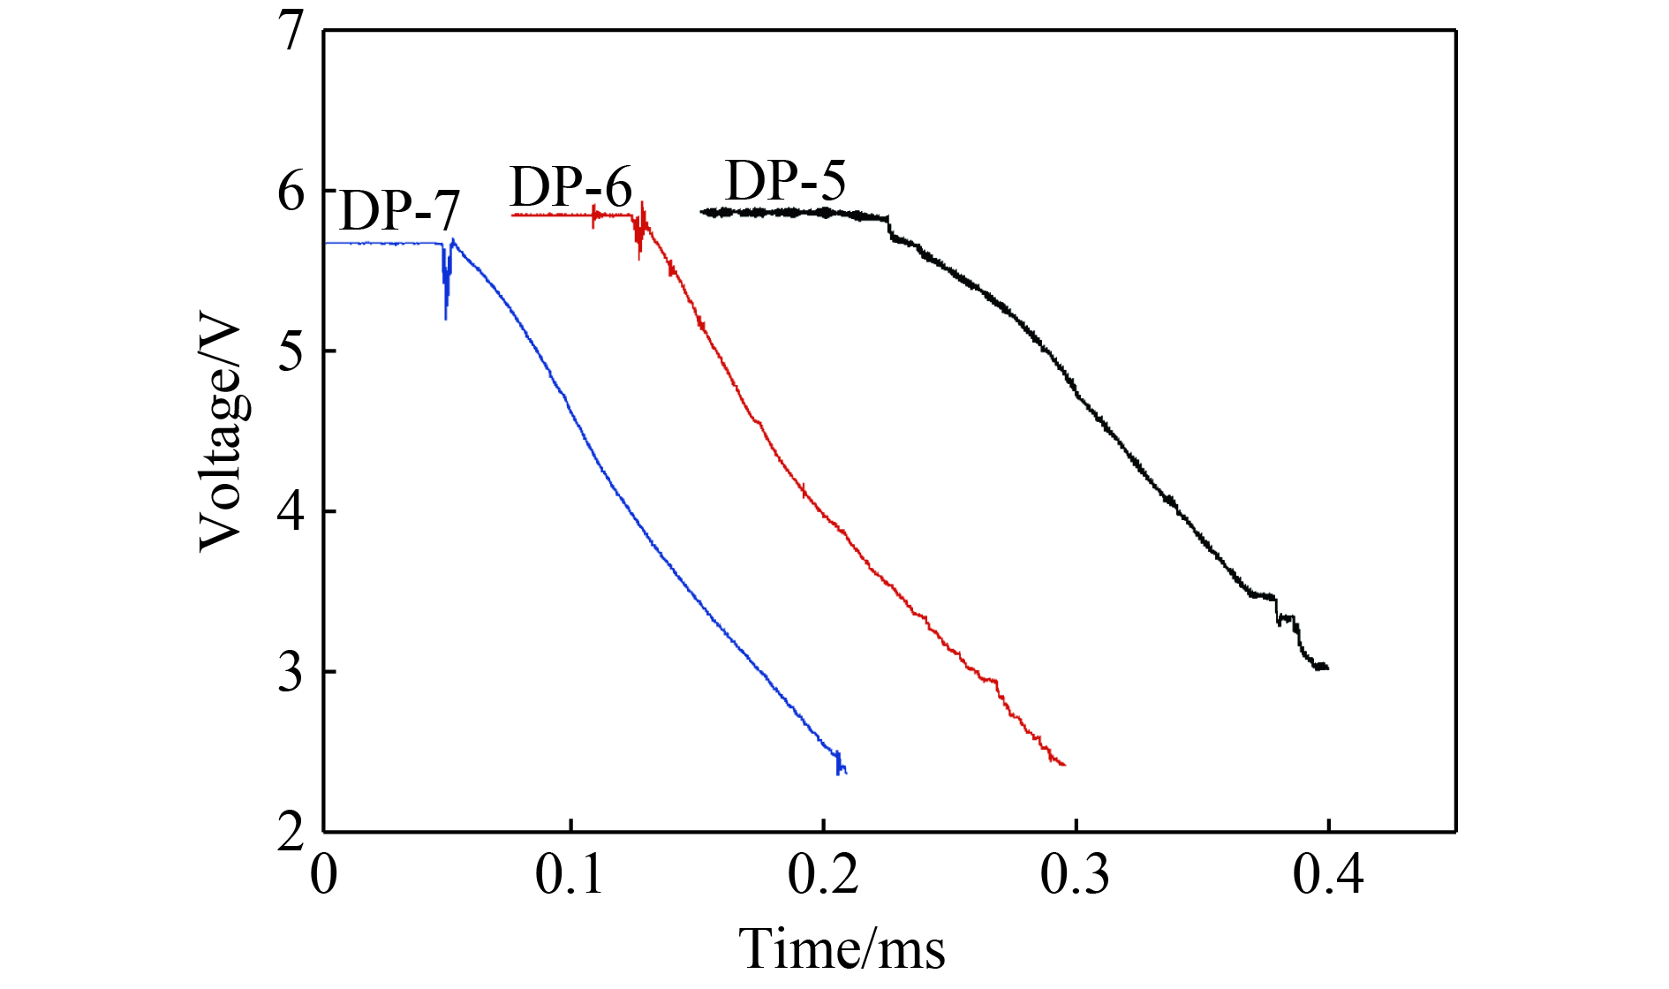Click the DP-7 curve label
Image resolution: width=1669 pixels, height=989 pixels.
click(399, 211)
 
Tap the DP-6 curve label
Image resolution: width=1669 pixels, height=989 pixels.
click(571, 187)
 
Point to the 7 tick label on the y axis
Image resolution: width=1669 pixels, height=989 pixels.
click(291, 32)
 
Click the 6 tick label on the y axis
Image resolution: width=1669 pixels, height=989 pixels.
click(291, 192)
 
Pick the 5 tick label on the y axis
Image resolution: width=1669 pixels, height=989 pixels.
click(291, 351)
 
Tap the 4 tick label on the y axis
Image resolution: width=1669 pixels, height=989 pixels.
click(291, 511)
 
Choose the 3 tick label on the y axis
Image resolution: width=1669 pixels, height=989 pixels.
click(291, 672)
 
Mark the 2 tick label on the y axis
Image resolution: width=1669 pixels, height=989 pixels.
click(291, 831)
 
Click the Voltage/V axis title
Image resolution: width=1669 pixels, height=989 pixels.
click(221, 434)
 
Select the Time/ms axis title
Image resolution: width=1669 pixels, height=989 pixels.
click(842, 949)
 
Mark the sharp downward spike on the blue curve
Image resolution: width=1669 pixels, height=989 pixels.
click(446, 313)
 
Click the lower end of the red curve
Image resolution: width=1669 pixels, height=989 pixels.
click(1062, 764)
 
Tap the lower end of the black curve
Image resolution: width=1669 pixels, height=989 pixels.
click(1325, 668)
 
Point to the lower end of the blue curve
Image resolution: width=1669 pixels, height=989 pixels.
click(843, 771)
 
